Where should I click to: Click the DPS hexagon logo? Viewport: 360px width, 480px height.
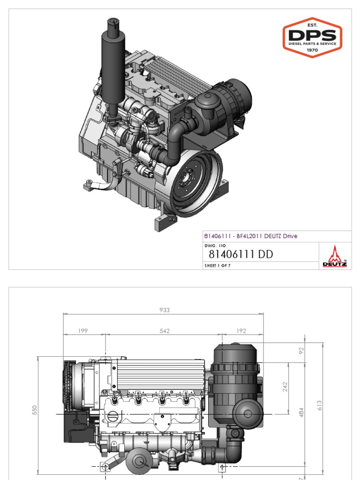tap(312, 37)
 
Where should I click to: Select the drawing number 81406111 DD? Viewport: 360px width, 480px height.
tap(240, 255)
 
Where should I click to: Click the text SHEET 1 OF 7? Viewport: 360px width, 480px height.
tap(217, 266)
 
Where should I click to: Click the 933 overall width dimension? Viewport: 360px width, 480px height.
tap(164, 310)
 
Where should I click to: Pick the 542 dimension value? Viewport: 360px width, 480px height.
tap(165, 331)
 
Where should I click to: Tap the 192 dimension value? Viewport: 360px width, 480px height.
tap(241, 331)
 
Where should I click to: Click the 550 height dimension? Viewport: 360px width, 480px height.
tap(34, 410)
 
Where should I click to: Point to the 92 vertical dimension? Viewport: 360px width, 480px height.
tap(301, 349)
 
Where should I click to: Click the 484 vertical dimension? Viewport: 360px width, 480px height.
tap(301, 412)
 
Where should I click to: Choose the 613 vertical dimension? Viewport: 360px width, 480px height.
tap(319, 404)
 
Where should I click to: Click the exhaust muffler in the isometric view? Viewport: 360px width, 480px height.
tap(111, 70)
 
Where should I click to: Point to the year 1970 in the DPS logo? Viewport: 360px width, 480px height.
tap(312, 50)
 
